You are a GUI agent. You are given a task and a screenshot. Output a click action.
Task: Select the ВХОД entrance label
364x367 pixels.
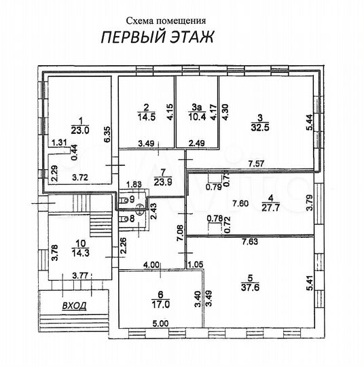point(74,307)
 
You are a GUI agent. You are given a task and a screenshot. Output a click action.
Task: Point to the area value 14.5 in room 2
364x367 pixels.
point(145,116)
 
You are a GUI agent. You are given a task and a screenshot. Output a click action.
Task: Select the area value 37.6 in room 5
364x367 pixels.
point(254,286)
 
